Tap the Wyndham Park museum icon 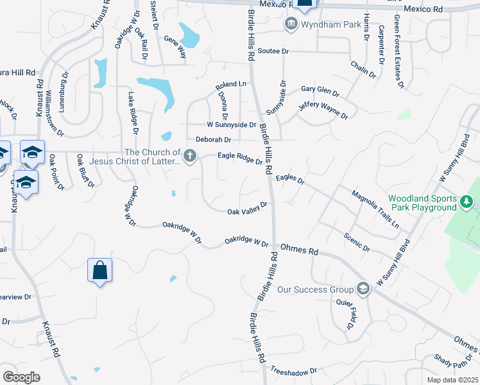(x=291, y=24)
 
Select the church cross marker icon (x=190, y=156)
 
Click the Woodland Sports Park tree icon (x=467, y=203)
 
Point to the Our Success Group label (x=316, y=289)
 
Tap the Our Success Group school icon (x=364, y=289)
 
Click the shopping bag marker (x=100, y=269)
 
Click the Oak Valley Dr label (x=247, y=209)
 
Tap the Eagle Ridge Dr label (x=240, y=158)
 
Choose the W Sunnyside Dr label (x=231, y=125)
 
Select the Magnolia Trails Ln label (x=375, y=209)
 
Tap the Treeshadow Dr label (x=294, y=371)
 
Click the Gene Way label (x=175, y=47)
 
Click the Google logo (x=21, y=377)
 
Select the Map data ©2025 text (x=453, y=380)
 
